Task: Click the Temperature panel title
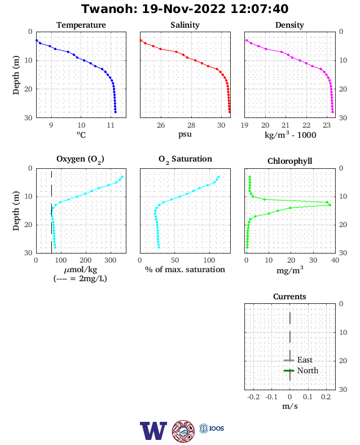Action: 81,25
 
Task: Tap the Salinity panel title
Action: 185,25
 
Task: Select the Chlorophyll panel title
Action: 289,161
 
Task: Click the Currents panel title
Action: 289,296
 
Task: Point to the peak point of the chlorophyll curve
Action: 330,205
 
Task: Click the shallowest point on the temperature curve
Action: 37,40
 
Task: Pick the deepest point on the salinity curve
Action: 230,112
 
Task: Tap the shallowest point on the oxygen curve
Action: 122,177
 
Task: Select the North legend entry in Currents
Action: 301,370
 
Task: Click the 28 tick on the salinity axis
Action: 191,125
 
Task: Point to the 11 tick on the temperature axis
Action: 111,125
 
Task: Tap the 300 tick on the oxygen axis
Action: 110,260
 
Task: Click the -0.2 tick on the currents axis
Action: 253,397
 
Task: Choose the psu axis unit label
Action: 185,134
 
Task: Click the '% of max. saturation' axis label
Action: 185,269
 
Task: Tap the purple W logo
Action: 153,431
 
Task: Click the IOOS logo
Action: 212,428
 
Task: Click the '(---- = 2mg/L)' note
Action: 80,279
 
